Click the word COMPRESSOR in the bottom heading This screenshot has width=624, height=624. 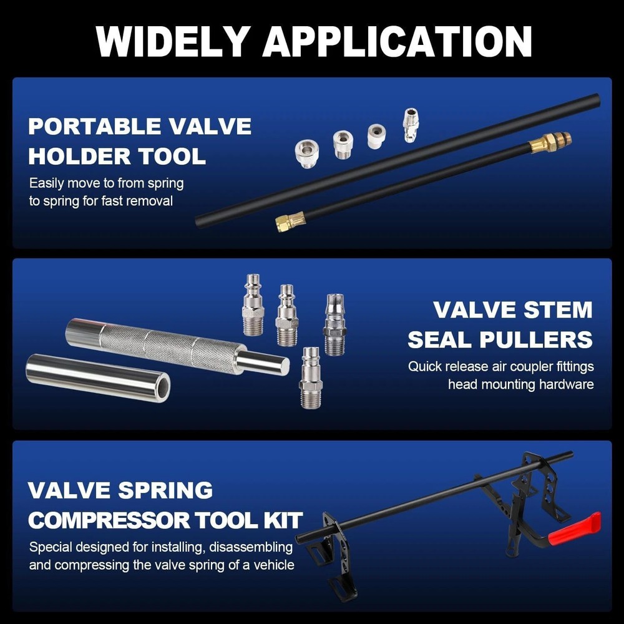tap(117, 519)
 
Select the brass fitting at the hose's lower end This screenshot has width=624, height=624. tap(291, 222)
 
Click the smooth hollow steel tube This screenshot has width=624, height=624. tap(97, 378)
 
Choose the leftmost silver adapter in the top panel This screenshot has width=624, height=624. tap(306, 153)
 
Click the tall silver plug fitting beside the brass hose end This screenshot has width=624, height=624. tap(410, 124)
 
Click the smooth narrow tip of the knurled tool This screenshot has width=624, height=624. tap(265, 363)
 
